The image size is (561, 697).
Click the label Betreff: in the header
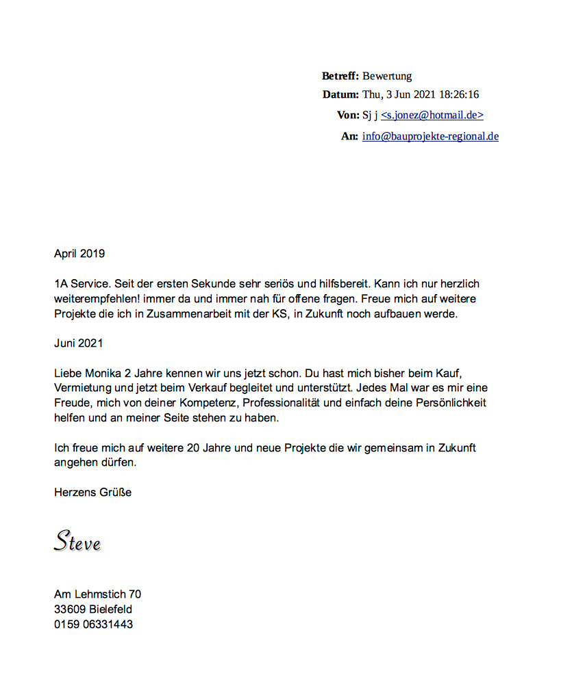click(340, 76)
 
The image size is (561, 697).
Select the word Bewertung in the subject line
click(387, 76)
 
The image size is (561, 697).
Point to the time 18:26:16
click(457, 94)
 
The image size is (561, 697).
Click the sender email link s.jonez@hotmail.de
click(432, 116)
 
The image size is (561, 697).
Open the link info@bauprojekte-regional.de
click(430, 136)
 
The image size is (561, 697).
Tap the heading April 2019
click(79, 254)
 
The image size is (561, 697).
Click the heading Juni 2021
click(78, 343)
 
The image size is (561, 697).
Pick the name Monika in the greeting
click(105, 373)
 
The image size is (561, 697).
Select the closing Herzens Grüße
click(92, 492)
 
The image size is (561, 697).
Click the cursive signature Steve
click(77, 541)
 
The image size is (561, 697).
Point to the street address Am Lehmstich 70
click(97, 594)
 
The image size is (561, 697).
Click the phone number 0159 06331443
click(93, 624)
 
